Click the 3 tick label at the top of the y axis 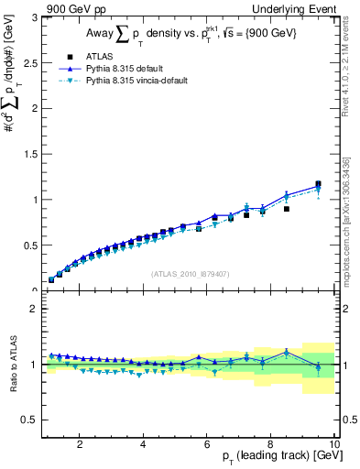(33, 17)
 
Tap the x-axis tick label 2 (80, 442)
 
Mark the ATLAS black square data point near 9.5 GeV (318, 184)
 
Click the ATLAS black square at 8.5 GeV (287, 209)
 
